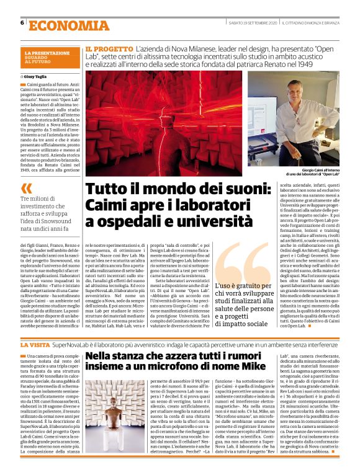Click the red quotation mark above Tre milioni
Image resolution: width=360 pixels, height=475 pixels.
pyautogui.click(x=25, y=186)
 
